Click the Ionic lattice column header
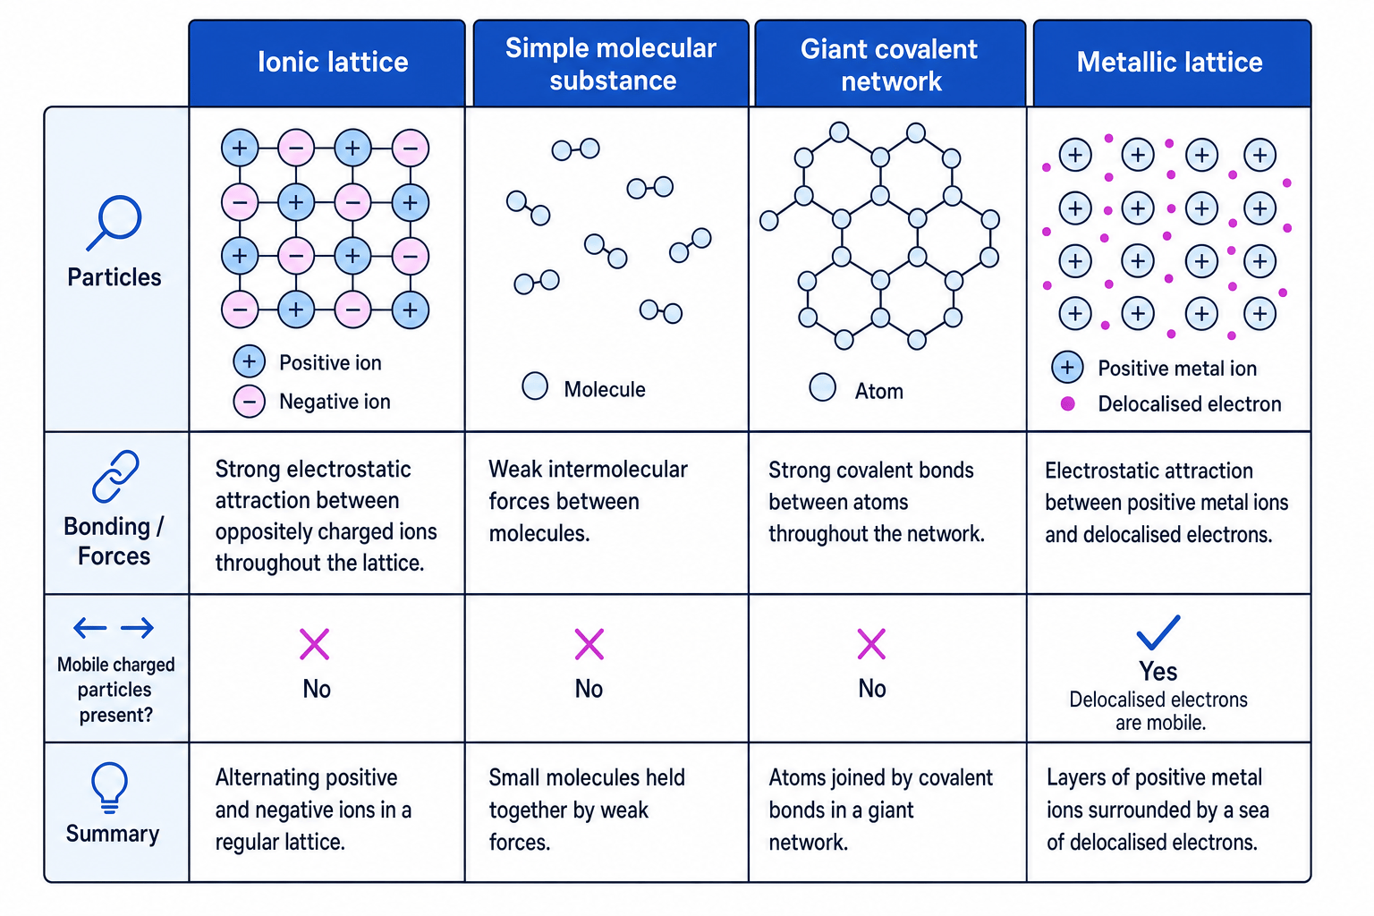click(x=333, y=62)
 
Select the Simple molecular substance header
click(x=611, y=64)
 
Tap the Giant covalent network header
click(x=889, y=65)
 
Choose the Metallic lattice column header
click(x=1170, y=62)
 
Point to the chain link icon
click(x=115, y=477)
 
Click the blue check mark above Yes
click(x=1158, y=632)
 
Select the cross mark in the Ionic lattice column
click(x=315, y=643)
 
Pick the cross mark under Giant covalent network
click(x=871, y=643)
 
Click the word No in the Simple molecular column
click(x=589, y=689)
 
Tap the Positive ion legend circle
click(x=249, y=361)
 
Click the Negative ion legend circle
click(x=249, y=402)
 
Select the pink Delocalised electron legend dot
click(x=1068, y=403)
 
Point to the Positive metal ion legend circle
click(x=1067, y=368)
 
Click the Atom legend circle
click(x=823, y=387)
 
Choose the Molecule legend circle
click(x=535, y=386)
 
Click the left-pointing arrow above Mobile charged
click(x=89, y=628)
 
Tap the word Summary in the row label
click(x=113, y=834)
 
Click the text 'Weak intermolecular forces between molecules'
click(x=589, y=501)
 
